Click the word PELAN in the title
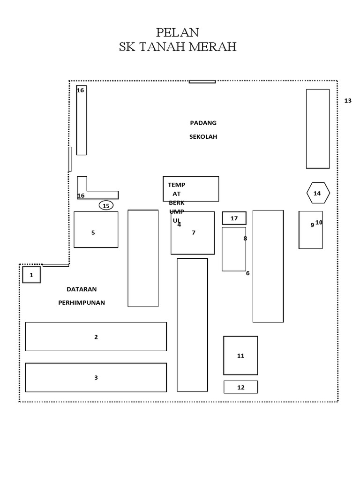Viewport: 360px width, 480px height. click(x=178, y=32)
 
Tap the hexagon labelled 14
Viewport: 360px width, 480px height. click(x=318, y=193)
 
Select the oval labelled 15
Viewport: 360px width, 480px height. click(x=106, y=205)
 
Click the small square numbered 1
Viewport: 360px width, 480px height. click(x=31, y=275)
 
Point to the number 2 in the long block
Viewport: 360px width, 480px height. click(x=96, y=337)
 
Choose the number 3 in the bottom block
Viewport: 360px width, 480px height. click(x=96, y=377)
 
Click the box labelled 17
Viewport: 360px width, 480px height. click(x=234, y=218)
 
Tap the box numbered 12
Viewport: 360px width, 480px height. click(x=241, y=387)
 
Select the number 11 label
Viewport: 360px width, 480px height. click(x=241, y=356)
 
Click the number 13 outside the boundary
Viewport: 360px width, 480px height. click(x=348, y=101)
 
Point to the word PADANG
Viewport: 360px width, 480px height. click(x=203, y=123)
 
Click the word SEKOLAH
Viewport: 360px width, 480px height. click(x=203, y=136)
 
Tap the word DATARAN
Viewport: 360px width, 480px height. click(x=82, y=289)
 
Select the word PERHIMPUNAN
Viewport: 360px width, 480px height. click(x=82, y=303)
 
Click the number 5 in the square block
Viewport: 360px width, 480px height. click(x=93, y=232)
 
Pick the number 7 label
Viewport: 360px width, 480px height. click(x=194, y=232)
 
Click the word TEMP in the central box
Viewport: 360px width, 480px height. click(x=177, y=185)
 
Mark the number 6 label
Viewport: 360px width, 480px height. click(x=247, y=273)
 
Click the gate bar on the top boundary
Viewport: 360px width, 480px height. click(x=202, y=82)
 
